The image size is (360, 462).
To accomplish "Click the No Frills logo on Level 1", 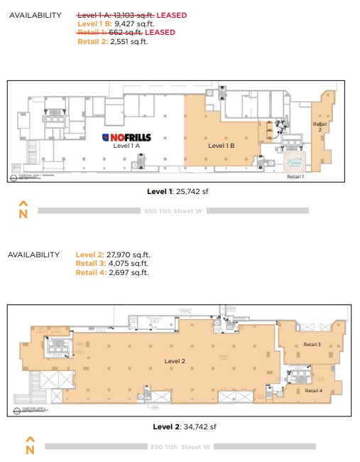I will tap(126, 137).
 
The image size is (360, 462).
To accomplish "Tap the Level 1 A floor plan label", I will tap(126, 146).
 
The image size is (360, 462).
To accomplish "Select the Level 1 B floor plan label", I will tap(221, 146).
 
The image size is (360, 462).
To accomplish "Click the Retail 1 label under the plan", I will tap(295, 177).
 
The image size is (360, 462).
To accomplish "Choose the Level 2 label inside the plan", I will tap(175, 361).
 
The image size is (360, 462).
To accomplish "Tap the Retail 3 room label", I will tap(312, 344).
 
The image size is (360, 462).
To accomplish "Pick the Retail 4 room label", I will tap(313, 390).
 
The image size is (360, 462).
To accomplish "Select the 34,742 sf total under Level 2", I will tap(201, 426).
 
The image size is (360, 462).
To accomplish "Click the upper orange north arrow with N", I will tap(23, 210).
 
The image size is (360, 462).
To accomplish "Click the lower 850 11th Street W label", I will tap(180, 446).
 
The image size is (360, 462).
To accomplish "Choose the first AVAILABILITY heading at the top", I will tap(36, 15).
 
